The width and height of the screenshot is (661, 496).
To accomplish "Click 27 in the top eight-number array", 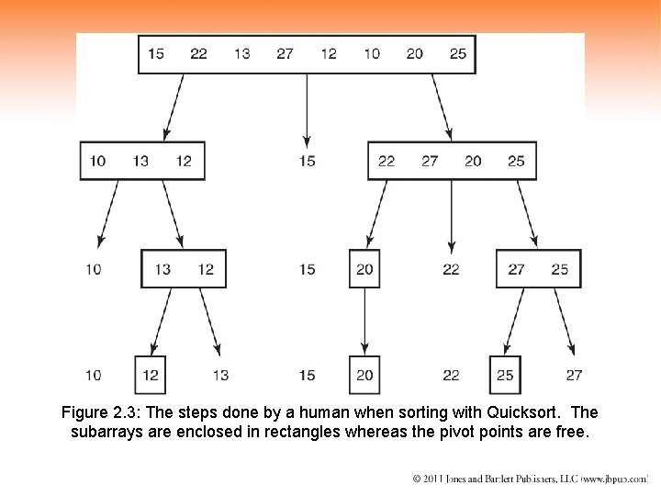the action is point(286,53).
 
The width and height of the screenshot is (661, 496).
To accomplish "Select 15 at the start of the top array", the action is point(155,53).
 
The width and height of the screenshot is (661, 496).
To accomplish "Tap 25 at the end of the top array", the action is point(458,53).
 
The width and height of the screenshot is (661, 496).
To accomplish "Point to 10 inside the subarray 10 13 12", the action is point(97,161).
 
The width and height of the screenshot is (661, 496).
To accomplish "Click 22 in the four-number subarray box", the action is point(387,161).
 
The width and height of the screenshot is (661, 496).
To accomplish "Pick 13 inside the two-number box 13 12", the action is point(162,269).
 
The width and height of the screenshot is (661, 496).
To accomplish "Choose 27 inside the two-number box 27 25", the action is point(517,269).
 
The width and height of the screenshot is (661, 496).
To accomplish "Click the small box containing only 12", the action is point(151,375).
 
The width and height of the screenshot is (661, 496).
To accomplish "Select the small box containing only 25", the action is point(505,375).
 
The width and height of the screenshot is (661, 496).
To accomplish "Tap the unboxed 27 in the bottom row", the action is point(574,375).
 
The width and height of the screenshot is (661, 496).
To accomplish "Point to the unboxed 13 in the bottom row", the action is point(220,375).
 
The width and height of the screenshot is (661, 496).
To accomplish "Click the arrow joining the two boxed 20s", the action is point(364,321).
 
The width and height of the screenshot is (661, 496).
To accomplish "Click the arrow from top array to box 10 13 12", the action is point(175,107).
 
